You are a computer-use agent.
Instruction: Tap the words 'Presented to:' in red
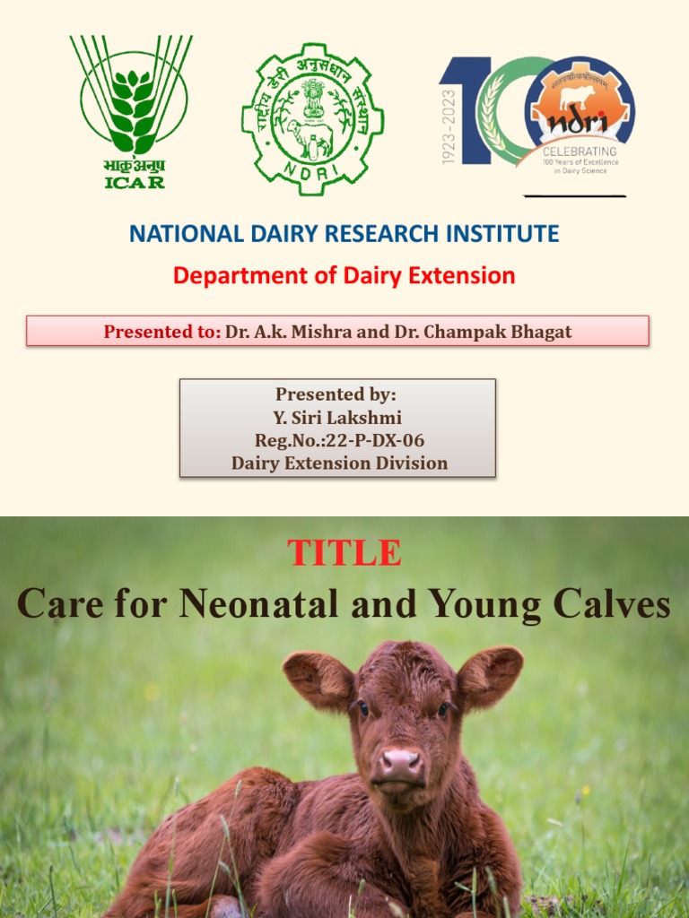(x=161, y=332)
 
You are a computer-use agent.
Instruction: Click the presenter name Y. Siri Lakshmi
(x=337, y=417)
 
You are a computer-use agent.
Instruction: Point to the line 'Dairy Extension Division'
(x=339, y=463)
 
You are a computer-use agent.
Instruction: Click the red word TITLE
(x=344, y=553)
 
